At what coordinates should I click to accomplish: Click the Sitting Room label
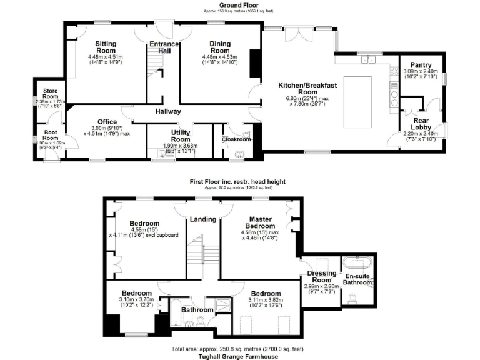point(106,47)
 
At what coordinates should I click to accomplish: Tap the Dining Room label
point(220,47)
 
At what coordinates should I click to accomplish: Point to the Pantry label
point(420,64)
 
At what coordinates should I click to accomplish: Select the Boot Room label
point(51,135)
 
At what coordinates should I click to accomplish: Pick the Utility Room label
point(185,136)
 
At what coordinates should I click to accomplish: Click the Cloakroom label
point(236,139)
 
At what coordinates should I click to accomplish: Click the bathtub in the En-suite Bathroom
point(358,263)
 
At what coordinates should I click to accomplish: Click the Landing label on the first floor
point(203,219)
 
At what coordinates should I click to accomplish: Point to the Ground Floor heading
point(239,5)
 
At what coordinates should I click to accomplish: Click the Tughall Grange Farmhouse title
point(239,356)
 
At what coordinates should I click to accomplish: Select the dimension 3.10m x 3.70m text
point(136,300)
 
